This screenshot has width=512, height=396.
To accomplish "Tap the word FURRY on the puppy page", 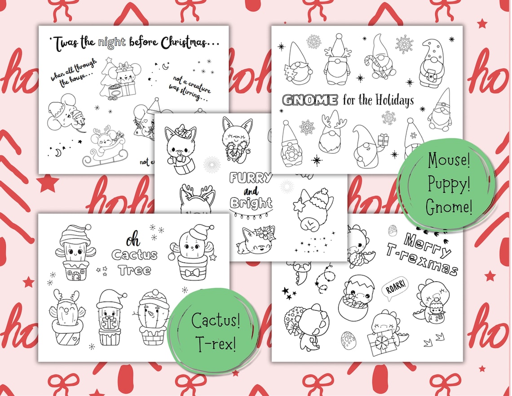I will (251, 178).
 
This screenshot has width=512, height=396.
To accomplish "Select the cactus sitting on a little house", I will (72, 252).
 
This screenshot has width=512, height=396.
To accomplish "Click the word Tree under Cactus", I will (135, 271).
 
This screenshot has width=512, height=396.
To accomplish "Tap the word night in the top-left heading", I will (110, 43).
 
